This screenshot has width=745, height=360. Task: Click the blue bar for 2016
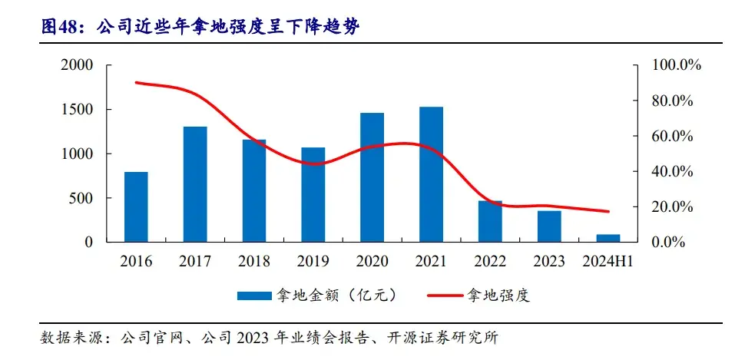136,206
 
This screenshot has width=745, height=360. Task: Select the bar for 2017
195,184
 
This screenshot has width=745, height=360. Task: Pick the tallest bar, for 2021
431,174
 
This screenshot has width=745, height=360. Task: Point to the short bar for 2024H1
608,238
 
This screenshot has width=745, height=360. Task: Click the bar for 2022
490,221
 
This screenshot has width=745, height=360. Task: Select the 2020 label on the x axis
372,262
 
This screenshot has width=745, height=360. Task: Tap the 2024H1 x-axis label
608,262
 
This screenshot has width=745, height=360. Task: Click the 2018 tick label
254,262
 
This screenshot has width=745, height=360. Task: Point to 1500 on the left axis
77,110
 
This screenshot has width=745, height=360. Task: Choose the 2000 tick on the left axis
77,66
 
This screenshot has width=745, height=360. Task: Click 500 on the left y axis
81,198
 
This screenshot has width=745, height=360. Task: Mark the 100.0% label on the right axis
677,66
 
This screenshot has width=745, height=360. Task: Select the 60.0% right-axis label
674,137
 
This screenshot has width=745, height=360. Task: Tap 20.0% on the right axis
674,207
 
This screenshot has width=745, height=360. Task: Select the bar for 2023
548,226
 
